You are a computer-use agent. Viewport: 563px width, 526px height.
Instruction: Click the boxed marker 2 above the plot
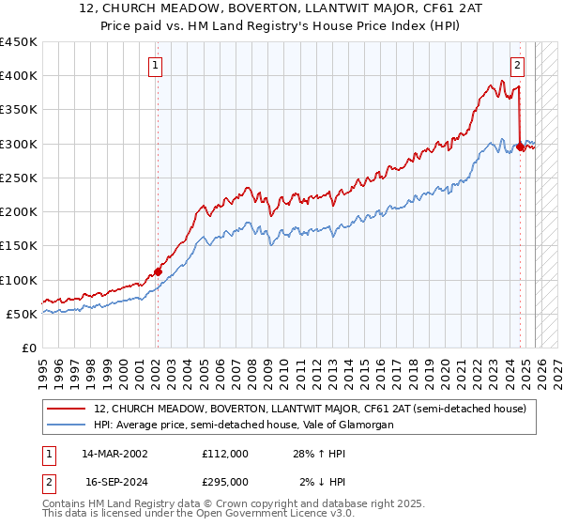pyautogui.click(x=517, y=66)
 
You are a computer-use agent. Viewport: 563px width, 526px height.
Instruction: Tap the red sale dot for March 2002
pyautogui.click(x=158, y=272)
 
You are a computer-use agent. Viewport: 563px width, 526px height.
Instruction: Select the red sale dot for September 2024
pyautogui.click(x=520, y=147)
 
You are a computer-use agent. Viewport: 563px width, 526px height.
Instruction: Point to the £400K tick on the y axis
pyautogui.click(x=19, y=76)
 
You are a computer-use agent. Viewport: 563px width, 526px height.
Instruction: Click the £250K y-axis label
pyautogui.click(x=19, y=178)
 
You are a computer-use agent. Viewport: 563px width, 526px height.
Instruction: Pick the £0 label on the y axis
pyautogui.click(x=28, y=348)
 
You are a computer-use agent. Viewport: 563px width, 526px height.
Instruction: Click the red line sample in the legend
pyautogui.click(x=67, y=409)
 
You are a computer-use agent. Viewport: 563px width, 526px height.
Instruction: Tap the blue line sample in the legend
pyautogui.click(x=67, y=425)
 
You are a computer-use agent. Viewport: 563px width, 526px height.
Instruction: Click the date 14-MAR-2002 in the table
pyautogui.click(x=114, y=454)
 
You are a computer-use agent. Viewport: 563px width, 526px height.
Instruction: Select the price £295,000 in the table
pyautogui.click(x=225, y=481)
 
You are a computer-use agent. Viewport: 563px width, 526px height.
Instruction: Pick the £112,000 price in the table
pyautogui.click(x=225, y=454)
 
